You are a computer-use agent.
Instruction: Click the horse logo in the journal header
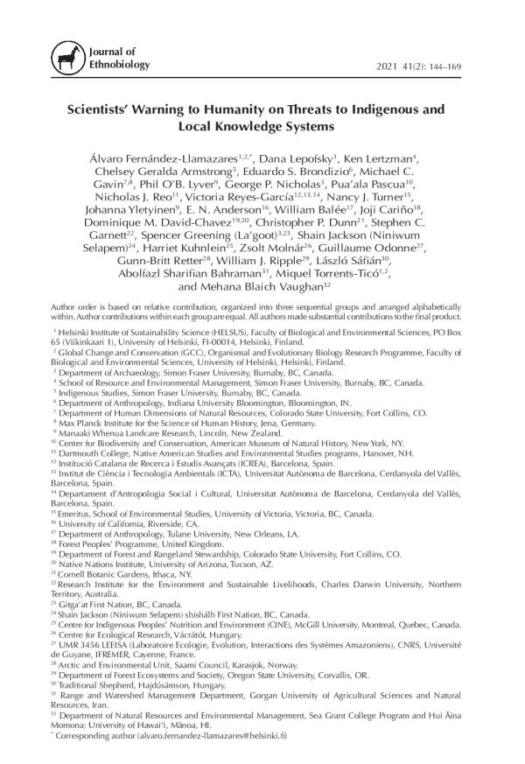pyautogui.click(x=62, y=59)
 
